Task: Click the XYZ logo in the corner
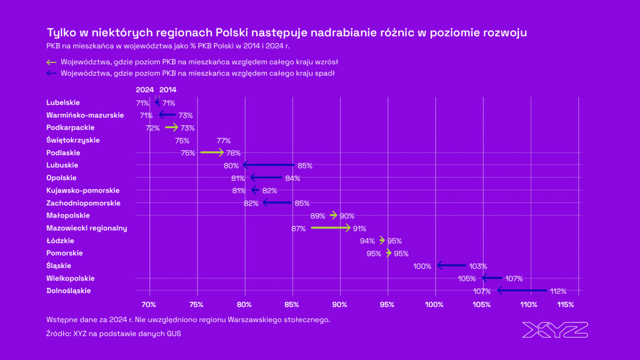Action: [x=555, y=330]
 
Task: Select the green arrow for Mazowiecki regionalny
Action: [x=331, y=228]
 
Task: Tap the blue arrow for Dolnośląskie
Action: [x=522, y=291]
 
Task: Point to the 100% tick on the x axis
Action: [x=434, y=305]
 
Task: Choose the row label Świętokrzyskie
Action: [x=73, y=140]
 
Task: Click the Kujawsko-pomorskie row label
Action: [x=83, y=190]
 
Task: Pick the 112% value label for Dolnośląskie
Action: [x=558, y=292]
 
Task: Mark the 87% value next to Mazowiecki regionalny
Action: [x=298, y=228]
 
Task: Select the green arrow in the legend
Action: [x=52, y=62]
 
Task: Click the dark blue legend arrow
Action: [x=52, y=73]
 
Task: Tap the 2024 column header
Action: [x=145, y=90]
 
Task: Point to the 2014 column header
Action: [x=168, y=90]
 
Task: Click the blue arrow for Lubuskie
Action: [x=268, y=165]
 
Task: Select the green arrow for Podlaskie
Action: [x=212, y=152]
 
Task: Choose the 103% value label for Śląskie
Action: [x=478, y=266]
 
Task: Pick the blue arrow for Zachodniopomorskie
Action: [x=277, y=203]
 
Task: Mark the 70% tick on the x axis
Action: [x=149, y=305]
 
